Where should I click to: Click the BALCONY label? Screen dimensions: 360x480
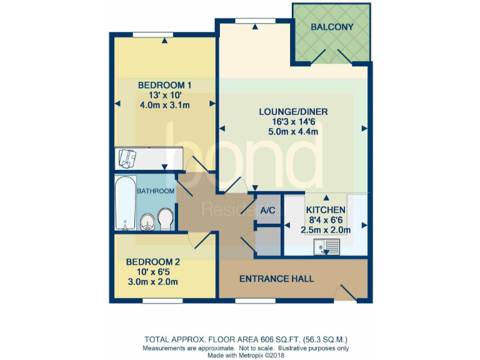click(332, 27)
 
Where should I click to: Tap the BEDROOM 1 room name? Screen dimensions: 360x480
click(164, 85)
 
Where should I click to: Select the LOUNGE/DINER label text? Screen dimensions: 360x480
click(293, 112)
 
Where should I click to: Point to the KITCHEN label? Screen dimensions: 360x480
click(326, 210)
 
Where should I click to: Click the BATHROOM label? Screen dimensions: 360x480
click(156, 191)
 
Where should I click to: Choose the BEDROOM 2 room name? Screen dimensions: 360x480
click(152, 262)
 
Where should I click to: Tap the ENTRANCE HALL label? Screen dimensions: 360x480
click(276, 279)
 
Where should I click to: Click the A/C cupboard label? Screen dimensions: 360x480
click(268, 211)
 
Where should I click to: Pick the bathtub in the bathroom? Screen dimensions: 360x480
click(125, 203)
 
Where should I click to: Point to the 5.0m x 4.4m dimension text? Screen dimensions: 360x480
click(293, 132)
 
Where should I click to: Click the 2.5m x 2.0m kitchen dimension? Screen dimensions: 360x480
click(326, 229)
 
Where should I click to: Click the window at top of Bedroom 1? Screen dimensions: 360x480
click(152, 34)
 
